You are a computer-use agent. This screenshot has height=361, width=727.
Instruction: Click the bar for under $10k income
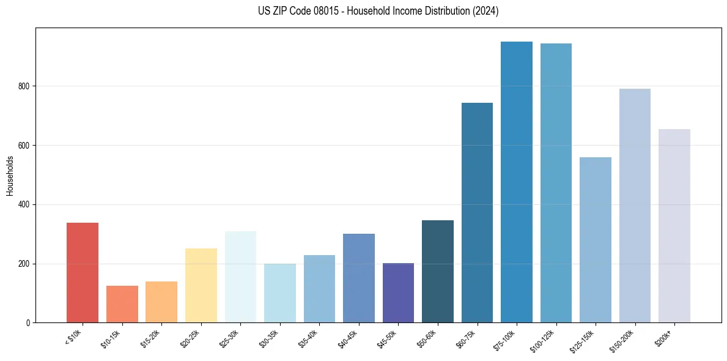[83, 272]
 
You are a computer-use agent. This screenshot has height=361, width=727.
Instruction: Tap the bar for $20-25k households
[201, 285]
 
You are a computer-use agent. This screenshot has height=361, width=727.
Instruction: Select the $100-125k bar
[556, 183]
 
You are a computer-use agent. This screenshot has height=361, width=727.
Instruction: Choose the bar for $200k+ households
[674, 226]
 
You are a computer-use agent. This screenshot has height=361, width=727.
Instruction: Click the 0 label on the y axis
[28, 323]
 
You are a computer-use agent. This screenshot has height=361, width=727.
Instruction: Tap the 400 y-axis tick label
[24, 204]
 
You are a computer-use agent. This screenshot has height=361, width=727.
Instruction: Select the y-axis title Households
[10, 176]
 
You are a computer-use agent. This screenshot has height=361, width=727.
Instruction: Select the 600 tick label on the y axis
[24, 146]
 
